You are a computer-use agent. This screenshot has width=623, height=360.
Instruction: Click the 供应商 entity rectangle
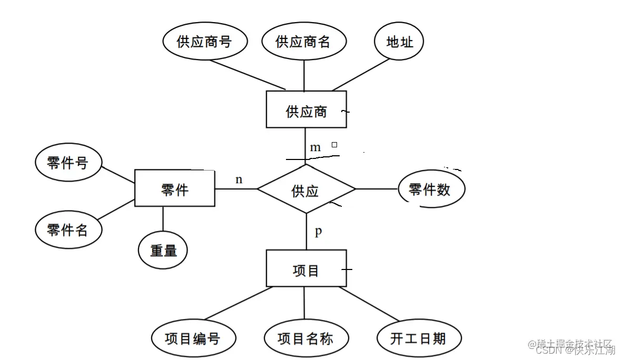click(x=306, y=109)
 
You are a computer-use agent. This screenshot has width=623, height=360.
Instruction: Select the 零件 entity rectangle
click(x=174, y=188)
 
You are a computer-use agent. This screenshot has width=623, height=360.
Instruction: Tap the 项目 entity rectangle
click(x=306, y=268)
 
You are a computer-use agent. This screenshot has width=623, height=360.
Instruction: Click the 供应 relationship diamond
click(x=306, y=189)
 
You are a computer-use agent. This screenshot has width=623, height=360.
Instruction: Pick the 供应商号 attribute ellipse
click(x=205, y=42)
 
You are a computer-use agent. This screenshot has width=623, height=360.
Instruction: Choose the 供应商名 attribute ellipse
click(x=304, y=42)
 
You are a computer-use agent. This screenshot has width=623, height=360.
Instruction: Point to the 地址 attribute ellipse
click(x=399, y=42)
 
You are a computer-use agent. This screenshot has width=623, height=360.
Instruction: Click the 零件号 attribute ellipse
click(x=68, y=163)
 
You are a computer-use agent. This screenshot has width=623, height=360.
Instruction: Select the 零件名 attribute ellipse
click(x=68, y=229)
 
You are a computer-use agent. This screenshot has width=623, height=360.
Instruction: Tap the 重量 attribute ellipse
click(x=163, y=250)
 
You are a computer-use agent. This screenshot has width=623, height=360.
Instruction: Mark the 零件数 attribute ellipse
click(x=431, y=189)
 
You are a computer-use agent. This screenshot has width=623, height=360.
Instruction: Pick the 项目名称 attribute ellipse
click(x=305, y=338)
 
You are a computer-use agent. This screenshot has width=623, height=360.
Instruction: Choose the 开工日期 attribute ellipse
click(x=419, y=338)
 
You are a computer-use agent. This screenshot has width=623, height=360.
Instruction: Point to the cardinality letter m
click(x=315, y=147)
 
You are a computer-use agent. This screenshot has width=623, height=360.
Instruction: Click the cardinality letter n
click(x=239, y=179)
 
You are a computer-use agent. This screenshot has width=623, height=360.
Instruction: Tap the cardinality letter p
click(x=318, y=232)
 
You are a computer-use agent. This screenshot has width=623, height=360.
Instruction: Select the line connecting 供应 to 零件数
click(x=377, y=189)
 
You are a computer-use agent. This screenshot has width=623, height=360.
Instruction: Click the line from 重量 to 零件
click(x=163, y=219)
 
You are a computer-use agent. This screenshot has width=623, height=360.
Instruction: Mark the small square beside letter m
click(x=334, y=144)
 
